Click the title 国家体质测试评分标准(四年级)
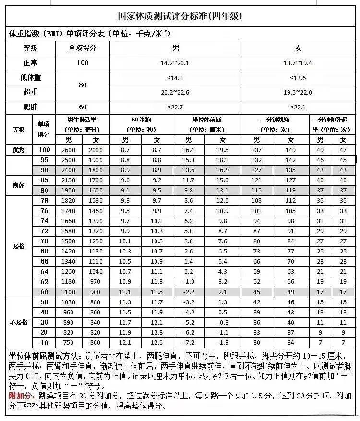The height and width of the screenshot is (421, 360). [x=180, y=16]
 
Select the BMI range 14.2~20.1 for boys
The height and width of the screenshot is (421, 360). [x=175, y=63]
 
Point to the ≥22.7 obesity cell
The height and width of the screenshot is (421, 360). [x=175, y=107]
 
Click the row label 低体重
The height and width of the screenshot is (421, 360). [x=30, y=78]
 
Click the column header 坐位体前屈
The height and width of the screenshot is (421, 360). [x=207, y=120]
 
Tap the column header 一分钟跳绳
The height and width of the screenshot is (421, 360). [x=275, y=120]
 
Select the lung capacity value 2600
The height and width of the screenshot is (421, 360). [x=69, y=150]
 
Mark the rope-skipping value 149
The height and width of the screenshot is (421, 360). [x=291, y=150]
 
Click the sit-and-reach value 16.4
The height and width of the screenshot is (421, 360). [x=188, y=150]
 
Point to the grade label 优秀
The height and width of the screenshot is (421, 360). [x=19, y=150]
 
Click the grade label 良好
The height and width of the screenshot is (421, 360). [x=19, y=185]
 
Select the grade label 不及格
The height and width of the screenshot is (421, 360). [x=19, y=322]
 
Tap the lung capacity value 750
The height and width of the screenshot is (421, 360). [x=69, y=343]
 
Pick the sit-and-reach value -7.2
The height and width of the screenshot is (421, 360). [x=188, y=343]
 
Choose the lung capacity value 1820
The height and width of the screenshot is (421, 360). [x=69, y=201]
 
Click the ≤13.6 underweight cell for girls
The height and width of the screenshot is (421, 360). [x=298, y=78]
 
